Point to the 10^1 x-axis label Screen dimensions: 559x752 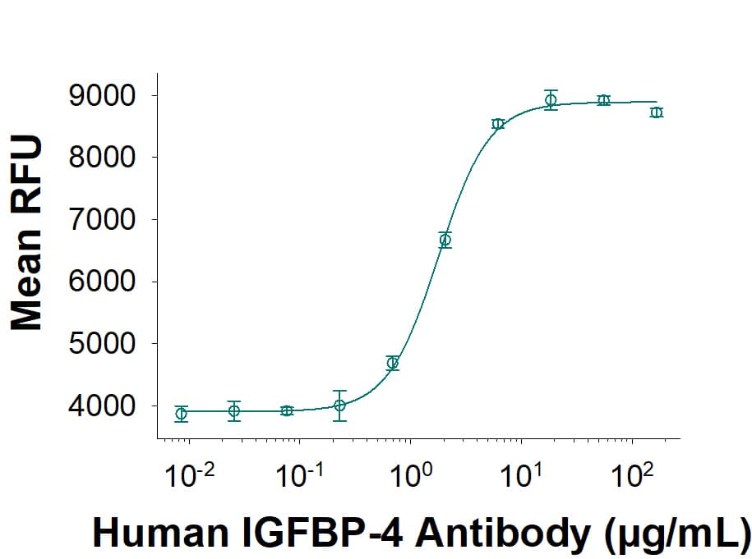(521, 475)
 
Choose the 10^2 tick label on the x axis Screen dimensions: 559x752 (632, 475)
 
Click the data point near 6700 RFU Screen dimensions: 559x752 (445, 240)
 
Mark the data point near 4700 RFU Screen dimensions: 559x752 (393, 363)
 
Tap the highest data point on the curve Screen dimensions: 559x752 (551, 100)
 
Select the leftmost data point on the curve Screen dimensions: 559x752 (182, 414)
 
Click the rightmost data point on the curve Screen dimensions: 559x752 (656, 112)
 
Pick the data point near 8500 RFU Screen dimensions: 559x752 (498, 124)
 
